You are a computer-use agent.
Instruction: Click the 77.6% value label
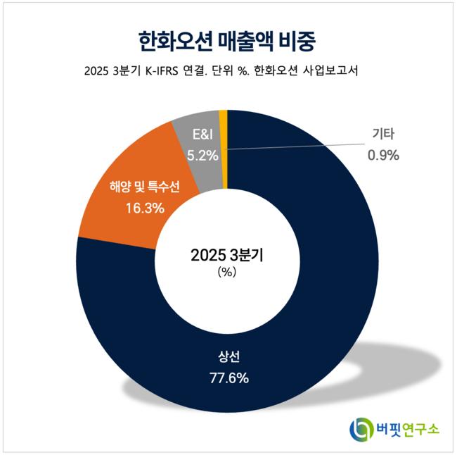[229, 378]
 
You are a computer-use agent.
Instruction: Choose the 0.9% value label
[383, 155]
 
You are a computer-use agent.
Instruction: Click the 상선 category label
[229, 355]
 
